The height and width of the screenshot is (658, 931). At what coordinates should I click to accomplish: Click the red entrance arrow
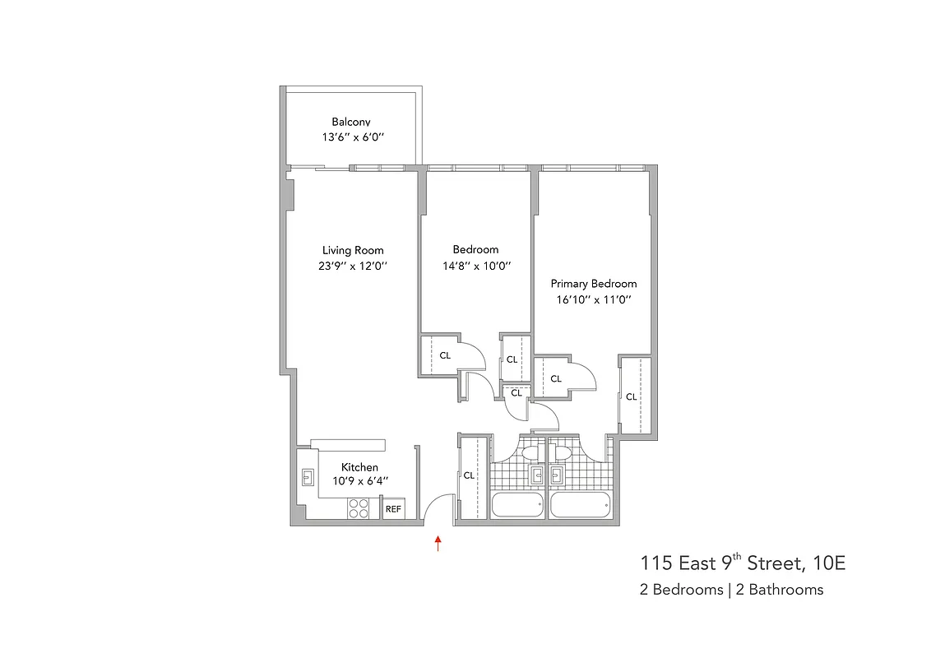point(438,543)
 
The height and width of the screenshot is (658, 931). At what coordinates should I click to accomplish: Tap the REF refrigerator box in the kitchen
point(393,509)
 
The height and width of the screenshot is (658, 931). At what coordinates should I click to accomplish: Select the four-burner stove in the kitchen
point(359,508)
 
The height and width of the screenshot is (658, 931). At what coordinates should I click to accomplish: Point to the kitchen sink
point(308,477)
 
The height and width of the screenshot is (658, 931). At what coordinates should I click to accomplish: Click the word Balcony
point(351,122)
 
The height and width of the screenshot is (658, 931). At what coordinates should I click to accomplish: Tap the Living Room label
point(353,250)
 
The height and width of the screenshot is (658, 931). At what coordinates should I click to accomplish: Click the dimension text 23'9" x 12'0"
point(353,266)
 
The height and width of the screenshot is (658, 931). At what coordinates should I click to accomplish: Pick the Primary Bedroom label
point(593,284)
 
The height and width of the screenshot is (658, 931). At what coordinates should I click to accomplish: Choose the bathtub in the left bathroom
point(516,505)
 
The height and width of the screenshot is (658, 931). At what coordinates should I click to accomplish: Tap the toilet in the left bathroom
point(529,453)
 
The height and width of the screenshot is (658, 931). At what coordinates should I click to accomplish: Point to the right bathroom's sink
point(557,475)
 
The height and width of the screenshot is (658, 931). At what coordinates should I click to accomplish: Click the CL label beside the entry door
point(469,475)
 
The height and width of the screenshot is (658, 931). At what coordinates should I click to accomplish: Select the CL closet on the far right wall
point(632,396)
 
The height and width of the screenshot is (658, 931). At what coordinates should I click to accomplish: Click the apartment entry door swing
point(438,507)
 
